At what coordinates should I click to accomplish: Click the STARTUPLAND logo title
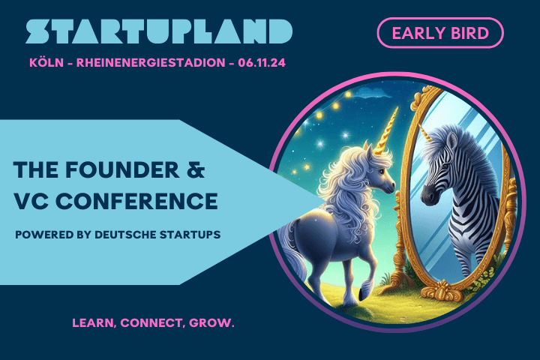pyautogui.click(x=159, y=31)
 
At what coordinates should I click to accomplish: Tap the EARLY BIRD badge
pyautogui.click(x=439, y=33)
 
